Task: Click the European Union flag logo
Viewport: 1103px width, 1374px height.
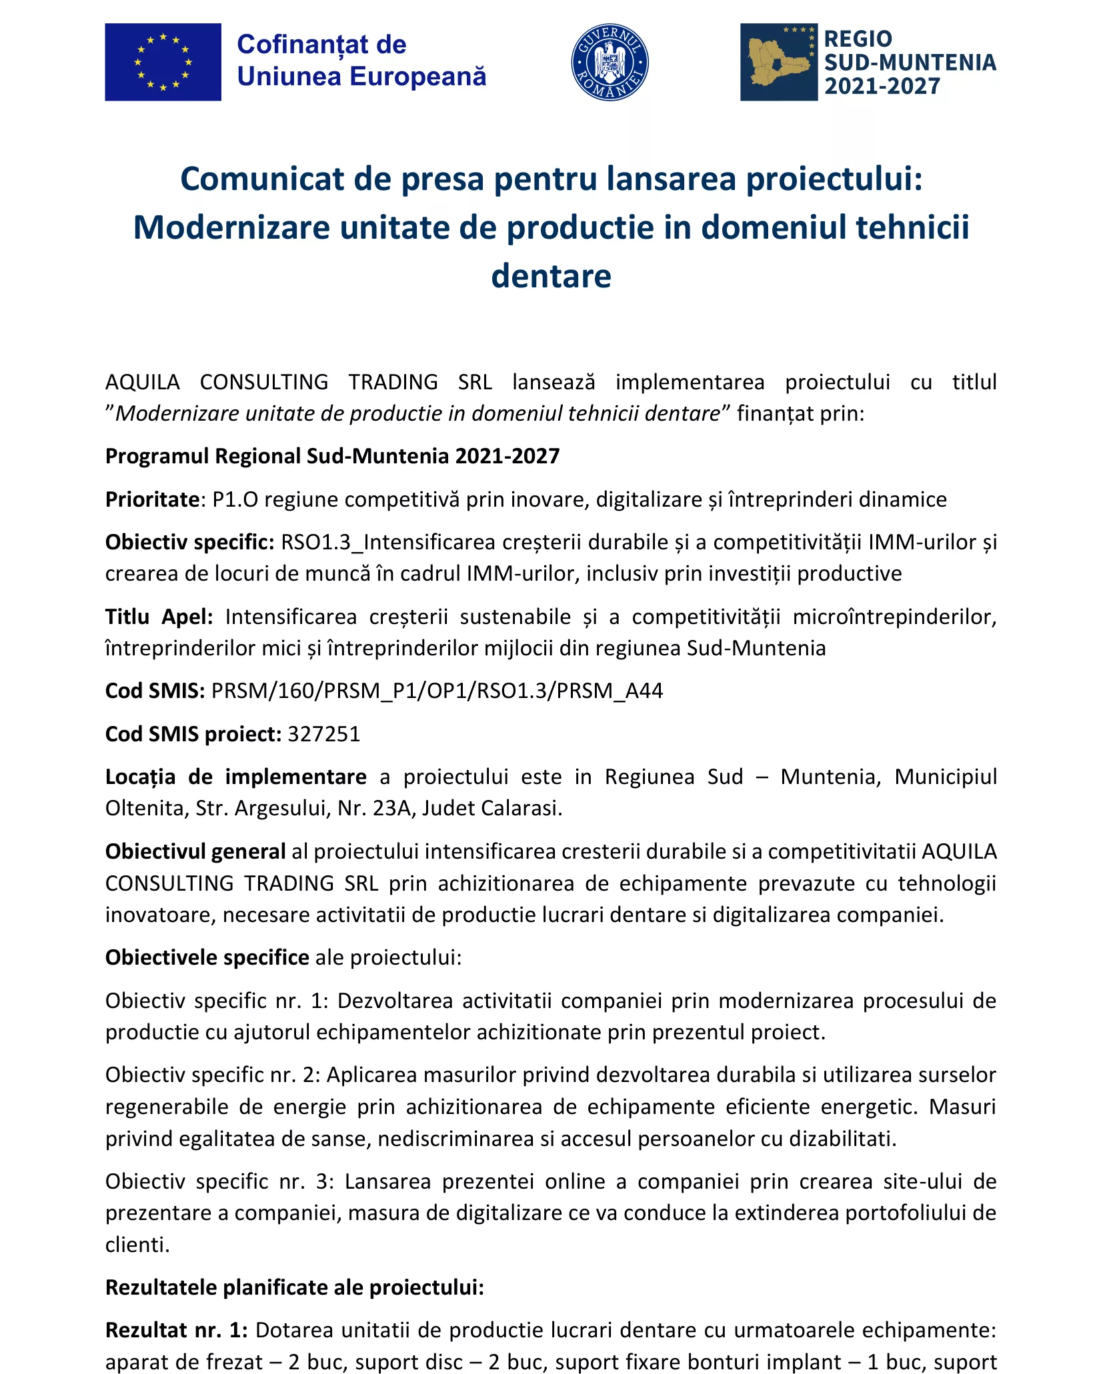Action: click(x=163, y=62)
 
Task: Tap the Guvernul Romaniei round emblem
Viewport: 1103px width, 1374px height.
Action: click(x=610, y=63)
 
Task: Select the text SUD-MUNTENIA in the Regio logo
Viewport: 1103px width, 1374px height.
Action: click(x=910, y=63)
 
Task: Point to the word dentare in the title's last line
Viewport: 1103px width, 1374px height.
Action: click(x=551, y=276)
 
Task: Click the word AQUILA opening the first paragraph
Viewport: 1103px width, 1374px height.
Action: click(x=143, y=382)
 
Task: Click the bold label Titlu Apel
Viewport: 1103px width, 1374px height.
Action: click(x=159, y=617)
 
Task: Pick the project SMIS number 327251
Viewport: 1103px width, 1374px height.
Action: click(x=324, y=734)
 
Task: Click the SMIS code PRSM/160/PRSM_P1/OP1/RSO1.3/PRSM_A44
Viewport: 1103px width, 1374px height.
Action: click(x=437, y=691)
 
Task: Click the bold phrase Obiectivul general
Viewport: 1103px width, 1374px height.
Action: click(x=195, y=851)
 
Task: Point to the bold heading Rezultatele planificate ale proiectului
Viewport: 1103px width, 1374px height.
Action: click(x=294, y=1287)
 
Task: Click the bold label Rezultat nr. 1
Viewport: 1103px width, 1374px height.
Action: click(x=176, y=1330)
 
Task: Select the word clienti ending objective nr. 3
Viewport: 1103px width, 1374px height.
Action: click(x=137, y=1244)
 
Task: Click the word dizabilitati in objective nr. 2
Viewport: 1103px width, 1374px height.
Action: click(x=843, y=1139)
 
